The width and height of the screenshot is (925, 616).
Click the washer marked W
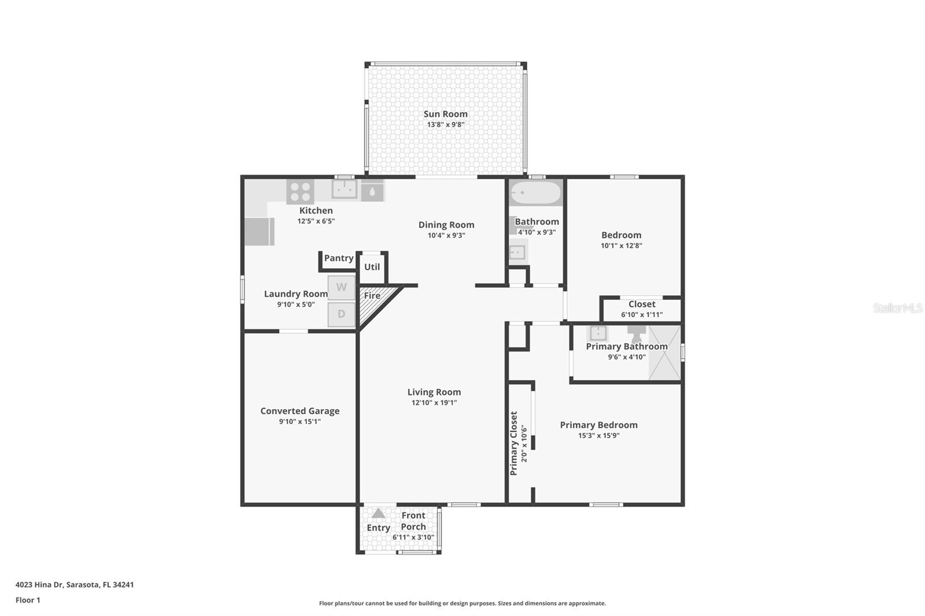click(342, 287)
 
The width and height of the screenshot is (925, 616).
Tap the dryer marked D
click(342, 314)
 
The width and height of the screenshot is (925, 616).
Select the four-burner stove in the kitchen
click(300, 192)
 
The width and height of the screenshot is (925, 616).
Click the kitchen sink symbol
click(344, 189)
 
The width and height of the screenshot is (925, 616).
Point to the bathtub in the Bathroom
click(536, 192)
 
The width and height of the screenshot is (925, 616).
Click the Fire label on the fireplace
click(372, 295)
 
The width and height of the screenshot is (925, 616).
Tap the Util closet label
click(372, 267)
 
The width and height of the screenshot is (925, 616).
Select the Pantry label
click(338, 258)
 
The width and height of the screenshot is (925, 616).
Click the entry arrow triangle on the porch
click(378, 513)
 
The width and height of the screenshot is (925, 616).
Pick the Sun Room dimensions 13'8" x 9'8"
click(445, 125)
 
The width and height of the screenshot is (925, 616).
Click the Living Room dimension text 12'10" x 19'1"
click(434, 403)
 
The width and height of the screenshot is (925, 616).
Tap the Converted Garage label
click(299, 411)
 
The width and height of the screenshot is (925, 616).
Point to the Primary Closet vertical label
click(513, 443)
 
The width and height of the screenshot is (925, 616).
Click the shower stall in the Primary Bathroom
click(664, 353)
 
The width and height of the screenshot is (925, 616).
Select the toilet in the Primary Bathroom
click(637, 333)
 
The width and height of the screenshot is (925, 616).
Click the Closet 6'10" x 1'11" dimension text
click(642, 315)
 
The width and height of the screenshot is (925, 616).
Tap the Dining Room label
click(446, 225)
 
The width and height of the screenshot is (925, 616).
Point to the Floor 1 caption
click(28, 600)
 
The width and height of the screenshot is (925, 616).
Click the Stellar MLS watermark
click(897, 308)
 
